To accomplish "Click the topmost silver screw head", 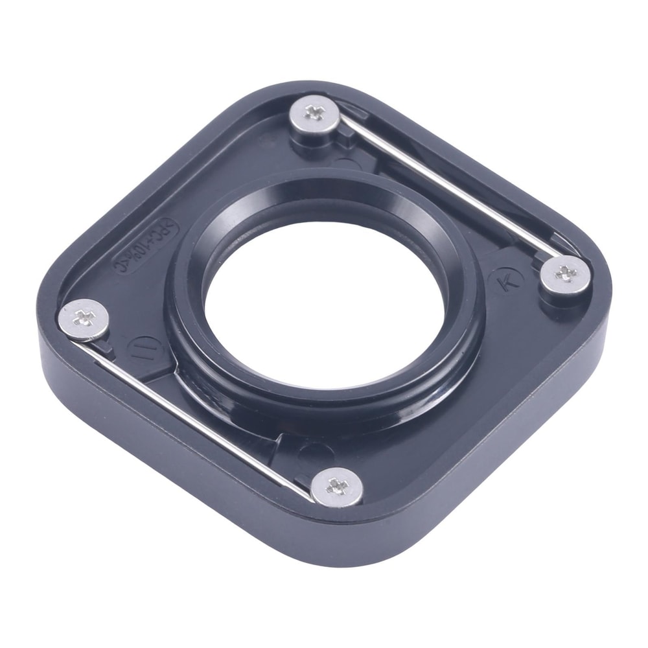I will (x=315, y=113).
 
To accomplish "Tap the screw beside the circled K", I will (x=565, y=273).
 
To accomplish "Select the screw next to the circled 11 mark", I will (x=84, y=319).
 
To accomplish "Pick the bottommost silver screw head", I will (x=337, y=486).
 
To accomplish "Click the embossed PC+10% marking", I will (x=145, y=247).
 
